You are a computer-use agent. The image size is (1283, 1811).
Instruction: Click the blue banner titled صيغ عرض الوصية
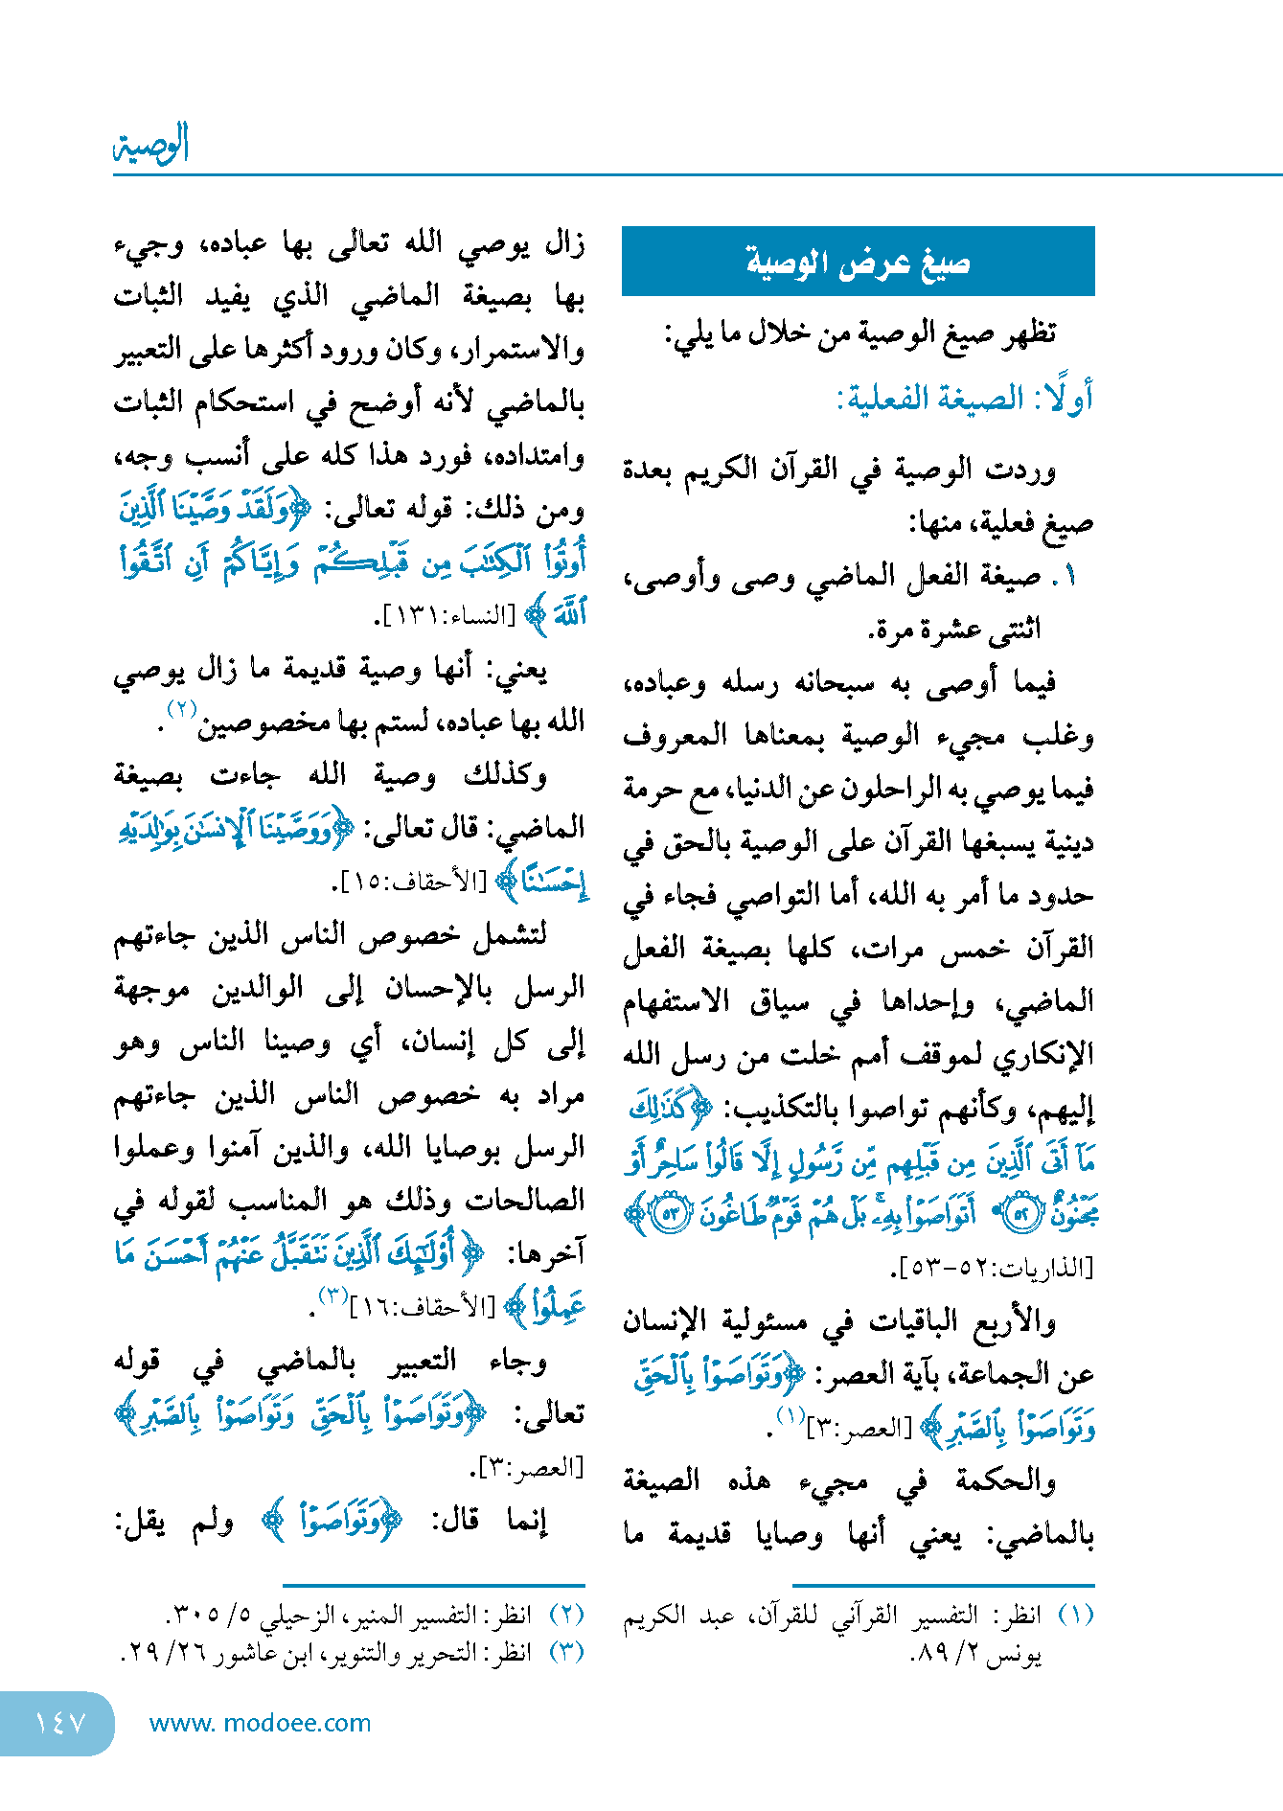click(x=858, y=262)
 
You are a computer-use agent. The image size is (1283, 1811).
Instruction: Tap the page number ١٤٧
click(x=59, y=1723)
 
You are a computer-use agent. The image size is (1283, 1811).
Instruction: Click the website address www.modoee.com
click(x=260, y=1723)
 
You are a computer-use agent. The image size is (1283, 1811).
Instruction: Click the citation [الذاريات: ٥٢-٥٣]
click(x=992, y=1269)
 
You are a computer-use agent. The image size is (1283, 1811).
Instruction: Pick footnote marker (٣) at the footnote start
click(x=565, y=1652)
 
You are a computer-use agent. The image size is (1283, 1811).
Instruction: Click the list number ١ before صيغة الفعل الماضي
click(x=1069, y=576)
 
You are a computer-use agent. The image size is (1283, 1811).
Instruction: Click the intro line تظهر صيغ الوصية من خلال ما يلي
click(x=859, y=333)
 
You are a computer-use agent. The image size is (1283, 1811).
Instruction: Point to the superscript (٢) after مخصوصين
click(x=182, y=709)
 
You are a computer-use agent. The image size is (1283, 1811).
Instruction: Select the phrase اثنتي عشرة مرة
click(x=953, y=630)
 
